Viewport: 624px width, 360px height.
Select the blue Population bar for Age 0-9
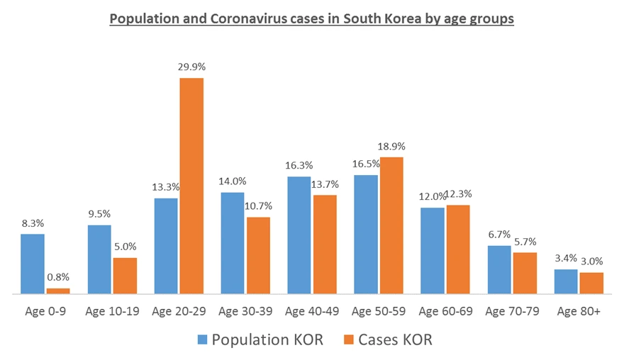[33, 264]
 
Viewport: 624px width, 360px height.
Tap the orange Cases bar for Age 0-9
[58, 291]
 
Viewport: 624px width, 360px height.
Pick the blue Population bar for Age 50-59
[366, 234]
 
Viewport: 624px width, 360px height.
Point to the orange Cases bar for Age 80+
[591, 283]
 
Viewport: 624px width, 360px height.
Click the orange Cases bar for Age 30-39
[258, 255]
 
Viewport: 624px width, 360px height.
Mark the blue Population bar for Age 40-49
[299, 235]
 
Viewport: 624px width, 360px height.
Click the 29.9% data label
[191, 67]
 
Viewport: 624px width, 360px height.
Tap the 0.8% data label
[58, 277]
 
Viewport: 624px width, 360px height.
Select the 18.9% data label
[391, 147]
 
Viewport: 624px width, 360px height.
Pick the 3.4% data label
[566, 259]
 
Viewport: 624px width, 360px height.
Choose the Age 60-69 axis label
[445, 311]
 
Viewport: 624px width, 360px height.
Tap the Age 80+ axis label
[578, 311]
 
